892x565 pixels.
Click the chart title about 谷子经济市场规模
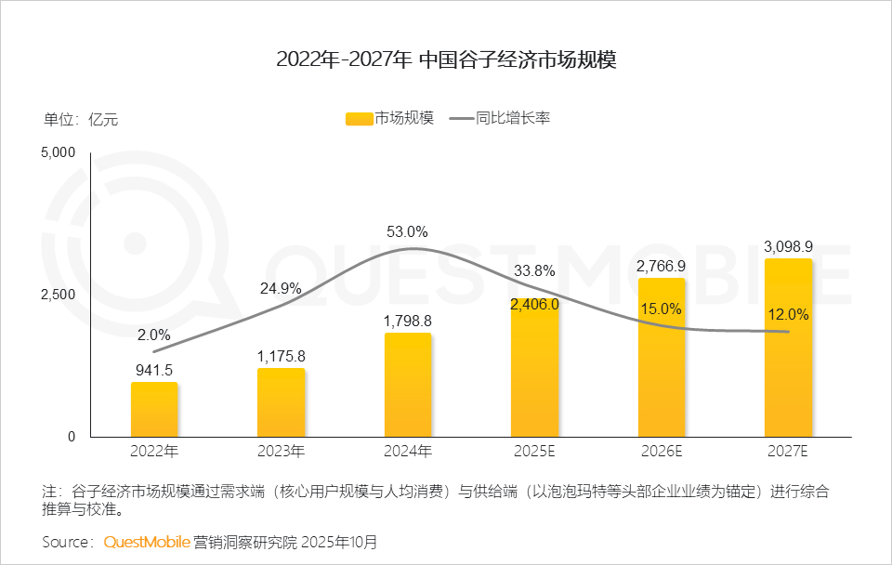point(446,61)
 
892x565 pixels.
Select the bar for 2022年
point(154,409)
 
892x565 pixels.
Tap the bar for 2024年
point(408,385)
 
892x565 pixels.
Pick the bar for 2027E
point(788,348)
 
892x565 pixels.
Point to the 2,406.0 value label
point(534,304)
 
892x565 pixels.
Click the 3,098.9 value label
point(788,246)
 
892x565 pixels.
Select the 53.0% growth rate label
point(408,231)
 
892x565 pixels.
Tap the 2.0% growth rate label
point(154,335)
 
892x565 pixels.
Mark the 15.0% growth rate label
point(661,309)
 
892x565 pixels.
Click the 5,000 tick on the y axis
point(59,152)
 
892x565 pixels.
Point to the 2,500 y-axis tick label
point(59,295)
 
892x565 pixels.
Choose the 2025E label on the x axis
point(534,452)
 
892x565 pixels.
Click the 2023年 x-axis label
point(281,452)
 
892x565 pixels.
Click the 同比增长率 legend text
point(513,119)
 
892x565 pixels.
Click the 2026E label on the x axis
point(661,452)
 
